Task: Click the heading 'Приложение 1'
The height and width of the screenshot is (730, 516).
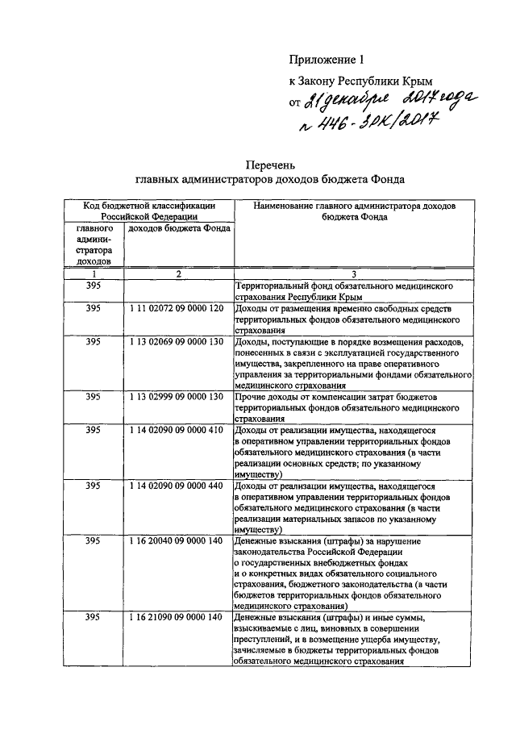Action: click(327, 59)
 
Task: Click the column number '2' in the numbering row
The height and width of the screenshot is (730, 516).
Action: click(178, 275)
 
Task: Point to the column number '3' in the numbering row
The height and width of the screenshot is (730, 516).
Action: click(353, 275)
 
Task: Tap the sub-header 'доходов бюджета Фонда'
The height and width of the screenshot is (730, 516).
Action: click(179, 228)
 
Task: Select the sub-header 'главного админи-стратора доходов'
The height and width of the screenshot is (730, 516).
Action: click(94, 245)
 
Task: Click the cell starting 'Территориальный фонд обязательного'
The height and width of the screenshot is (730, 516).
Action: click(343, 292)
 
